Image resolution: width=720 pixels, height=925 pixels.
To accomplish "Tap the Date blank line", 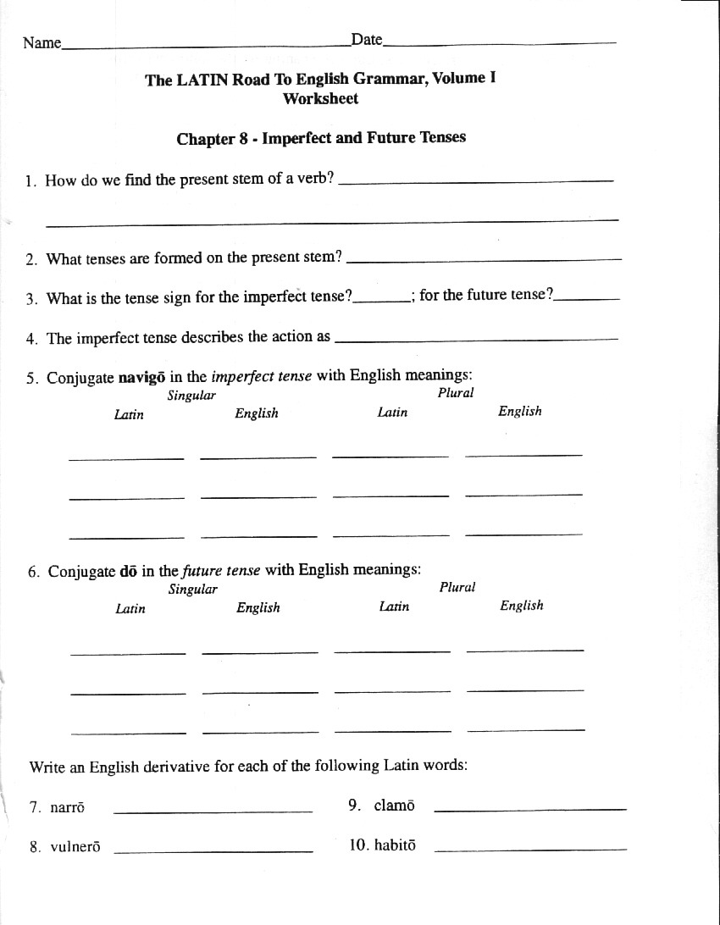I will tap(500, 43).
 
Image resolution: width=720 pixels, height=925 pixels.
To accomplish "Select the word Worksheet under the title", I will tap(320, 98).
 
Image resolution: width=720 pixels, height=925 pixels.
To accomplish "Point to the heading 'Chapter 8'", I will tap(212, 139).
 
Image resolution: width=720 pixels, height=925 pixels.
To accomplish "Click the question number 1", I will tap(30, 180).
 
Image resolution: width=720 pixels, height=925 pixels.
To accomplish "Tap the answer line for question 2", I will tap(484, 259).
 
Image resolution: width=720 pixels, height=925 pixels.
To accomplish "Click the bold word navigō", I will tap(141, 378).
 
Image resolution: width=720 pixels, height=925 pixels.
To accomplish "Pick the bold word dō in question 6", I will tap(129, 571).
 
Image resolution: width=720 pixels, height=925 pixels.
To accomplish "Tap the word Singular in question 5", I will tap(191, 396).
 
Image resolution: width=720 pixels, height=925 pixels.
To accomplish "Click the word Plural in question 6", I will tap(457, 587).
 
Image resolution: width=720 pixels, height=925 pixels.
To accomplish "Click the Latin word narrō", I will tap(67, 808).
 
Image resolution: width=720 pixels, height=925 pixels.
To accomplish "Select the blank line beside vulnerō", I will tap(213, 850).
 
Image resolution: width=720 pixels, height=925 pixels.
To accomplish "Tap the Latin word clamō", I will tap(394, 806).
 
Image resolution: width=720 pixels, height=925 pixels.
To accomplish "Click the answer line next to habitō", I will tap(530, 849).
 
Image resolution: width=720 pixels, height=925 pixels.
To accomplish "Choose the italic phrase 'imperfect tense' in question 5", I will tap(261, 377).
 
